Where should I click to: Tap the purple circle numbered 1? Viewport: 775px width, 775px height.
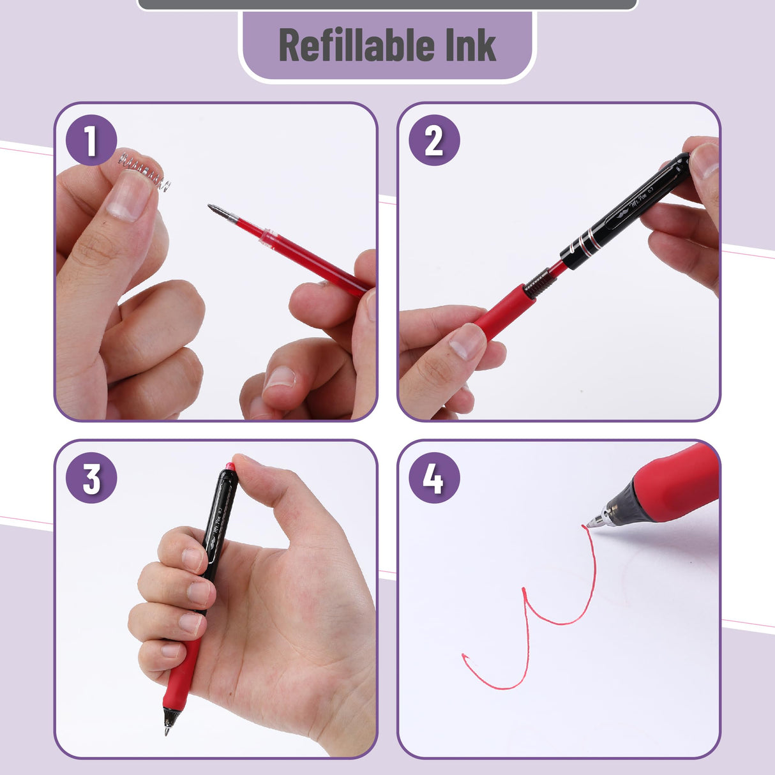click(91, 140)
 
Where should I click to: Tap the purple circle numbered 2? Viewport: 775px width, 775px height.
click(433, 140)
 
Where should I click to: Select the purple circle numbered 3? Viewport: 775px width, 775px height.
click(91, 478)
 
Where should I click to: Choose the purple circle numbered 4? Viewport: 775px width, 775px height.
click(433, 478)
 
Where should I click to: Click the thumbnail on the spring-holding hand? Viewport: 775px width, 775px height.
click(128, 197)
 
